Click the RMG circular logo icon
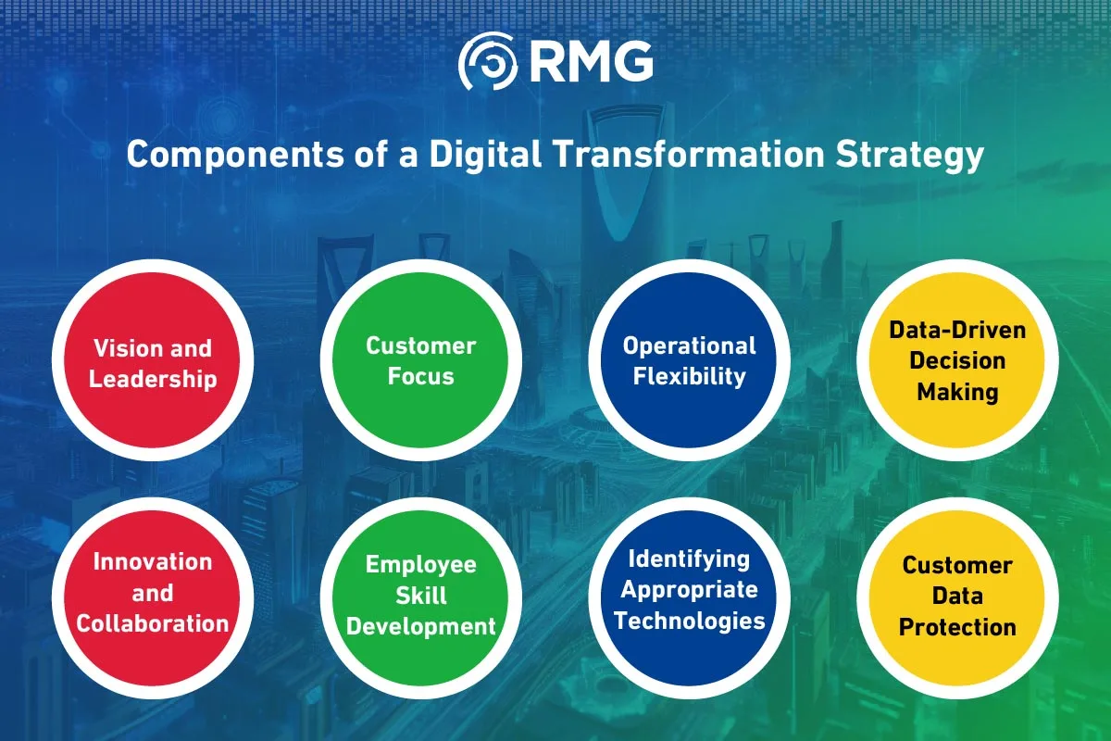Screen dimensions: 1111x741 coord(488,60)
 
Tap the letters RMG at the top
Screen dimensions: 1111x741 coord(592,61)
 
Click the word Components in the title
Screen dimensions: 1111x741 coord(235,155)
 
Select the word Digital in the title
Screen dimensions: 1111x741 coord(485,154)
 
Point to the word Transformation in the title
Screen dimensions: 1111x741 coord(689,154)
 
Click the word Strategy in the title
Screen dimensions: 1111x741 coord(910,155)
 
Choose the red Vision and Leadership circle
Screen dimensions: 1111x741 coord(153,359)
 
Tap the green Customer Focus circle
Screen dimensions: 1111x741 coord(421,359)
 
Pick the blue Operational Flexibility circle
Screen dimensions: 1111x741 coord(690,359)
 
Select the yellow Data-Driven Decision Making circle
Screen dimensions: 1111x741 coord(957,359)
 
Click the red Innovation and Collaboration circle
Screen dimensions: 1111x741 coord(153,598)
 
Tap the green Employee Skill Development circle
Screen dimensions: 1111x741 coord(421,598)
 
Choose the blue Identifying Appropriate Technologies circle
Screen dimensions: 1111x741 coord(690,598)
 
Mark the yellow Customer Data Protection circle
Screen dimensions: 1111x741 coord(957,598)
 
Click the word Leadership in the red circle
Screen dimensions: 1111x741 coord(153,380)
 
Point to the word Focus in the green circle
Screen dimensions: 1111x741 coord(421,376)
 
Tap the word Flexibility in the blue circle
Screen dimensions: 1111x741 coord(690,377)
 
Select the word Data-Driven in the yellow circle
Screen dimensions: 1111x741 coord(957,330)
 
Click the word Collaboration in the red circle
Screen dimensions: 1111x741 coord(153,623)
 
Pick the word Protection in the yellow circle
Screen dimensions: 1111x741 coord(957,627)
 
